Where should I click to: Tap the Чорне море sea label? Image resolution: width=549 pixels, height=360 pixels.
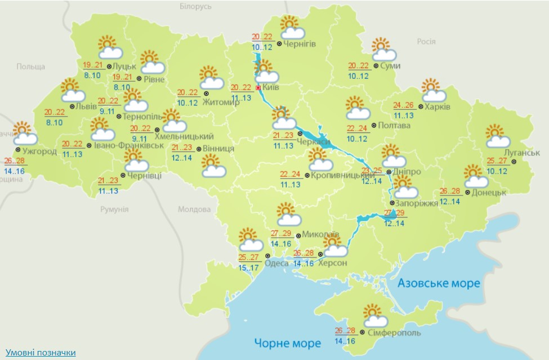(287, 343)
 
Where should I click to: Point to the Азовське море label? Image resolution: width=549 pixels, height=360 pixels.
(439, 283)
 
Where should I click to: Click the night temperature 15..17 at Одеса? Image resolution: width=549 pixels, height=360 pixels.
(249, 268)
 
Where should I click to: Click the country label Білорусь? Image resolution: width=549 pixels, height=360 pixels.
(195, 7)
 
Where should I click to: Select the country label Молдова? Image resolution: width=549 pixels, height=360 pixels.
(194, 210)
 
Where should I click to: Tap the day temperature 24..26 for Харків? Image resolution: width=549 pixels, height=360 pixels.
(404, 105)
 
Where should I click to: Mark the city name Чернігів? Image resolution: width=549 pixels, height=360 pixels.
(300, 44)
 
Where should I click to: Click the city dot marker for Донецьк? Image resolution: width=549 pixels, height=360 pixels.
(459, 192)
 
